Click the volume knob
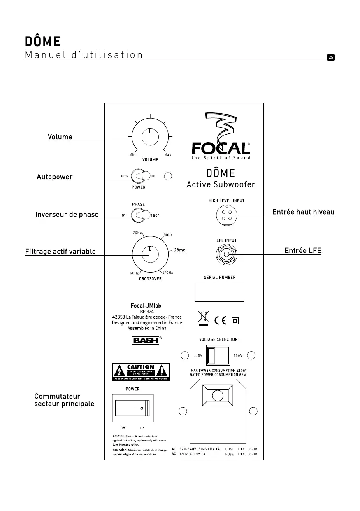pos(151,137)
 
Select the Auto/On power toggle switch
pos(140,176)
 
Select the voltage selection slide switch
pos(218,355)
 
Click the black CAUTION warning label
pos(141,372)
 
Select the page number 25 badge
pos(331,57)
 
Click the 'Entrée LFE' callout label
pos(303,250)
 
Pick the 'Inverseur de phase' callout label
pos(67,214)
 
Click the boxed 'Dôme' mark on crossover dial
pos(179,250)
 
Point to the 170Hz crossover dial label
pos(167,273)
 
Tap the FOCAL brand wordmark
pos(221,148)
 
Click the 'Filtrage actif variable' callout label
pos(60,251)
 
